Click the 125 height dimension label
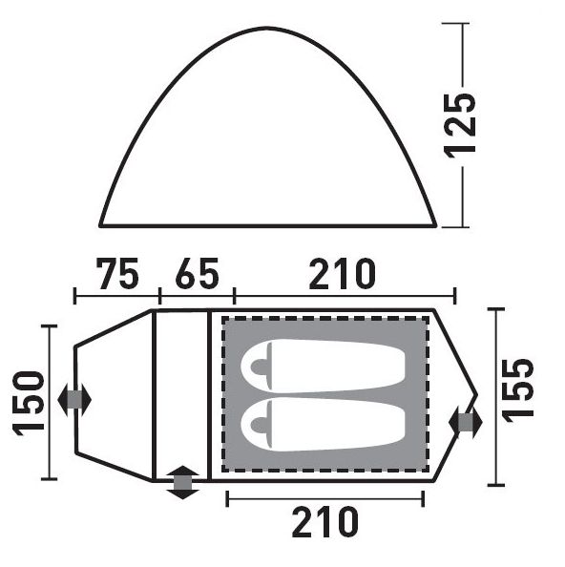[460, 126]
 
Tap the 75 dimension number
[117, 273]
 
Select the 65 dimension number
[197, 273]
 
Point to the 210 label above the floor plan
[343, 273]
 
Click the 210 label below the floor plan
[325, 522]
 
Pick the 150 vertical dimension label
[29, 403]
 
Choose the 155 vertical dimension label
[517, 390]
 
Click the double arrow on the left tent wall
[74, 400]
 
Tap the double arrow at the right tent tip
[466, 422]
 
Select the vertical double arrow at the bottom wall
[182, 482]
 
